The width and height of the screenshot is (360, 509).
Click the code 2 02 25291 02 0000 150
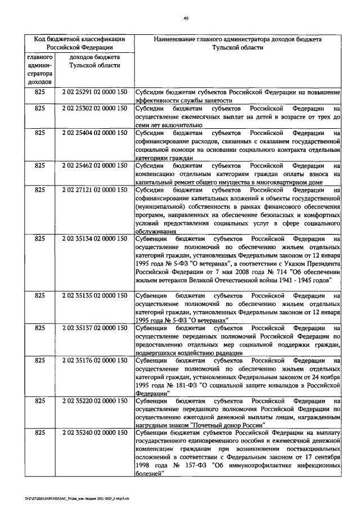[94, 92]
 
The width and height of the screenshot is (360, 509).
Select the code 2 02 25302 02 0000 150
[94, 107]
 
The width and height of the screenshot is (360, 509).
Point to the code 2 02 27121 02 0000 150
[94, 191]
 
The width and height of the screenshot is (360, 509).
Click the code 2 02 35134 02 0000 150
[94, 239]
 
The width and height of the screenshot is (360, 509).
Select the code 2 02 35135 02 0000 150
[94, 295]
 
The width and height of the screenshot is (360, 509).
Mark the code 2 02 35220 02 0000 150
[94, 401]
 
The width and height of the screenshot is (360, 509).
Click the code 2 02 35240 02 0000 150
[94, 433]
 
